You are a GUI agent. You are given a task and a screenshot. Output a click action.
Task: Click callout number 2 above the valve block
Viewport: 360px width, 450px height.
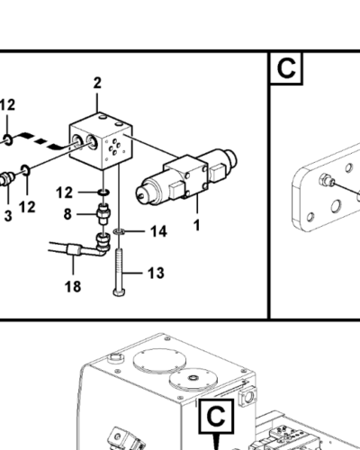pos(97,83)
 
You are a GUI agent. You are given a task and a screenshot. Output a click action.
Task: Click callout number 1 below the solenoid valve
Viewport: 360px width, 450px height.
pos(196,225)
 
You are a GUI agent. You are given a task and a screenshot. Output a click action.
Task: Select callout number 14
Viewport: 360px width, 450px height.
pos(158,231)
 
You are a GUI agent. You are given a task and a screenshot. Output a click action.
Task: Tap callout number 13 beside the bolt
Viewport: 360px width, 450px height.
pos(156,273)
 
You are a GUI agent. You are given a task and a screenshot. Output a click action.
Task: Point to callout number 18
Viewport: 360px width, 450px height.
pos(73,286)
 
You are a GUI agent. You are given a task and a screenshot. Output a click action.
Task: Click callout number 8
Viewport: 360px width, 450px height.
pos(67,214)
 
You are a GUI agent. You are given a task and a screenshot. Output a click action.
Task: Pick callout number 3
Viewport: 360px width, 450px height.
pos(8,216)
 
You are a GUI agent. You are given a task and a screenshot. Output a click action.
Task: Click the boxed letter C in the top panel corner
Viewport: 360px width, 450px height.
pos(286,68)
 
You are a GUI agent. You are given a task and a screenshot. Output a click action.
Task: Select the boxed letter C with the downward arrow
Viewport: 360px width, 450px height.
pos(216,417)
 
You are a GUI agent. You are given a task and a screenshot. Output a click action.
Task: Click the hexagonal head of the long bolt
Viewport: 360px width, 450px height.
pos(120,292)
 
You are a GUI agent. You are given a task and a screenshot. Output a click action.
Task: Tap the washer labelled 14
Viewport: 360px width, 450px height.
pos(119,231)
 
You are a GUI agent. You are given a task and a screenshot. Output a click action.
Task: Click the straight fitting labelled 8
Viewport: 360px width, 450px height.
pos(103,213)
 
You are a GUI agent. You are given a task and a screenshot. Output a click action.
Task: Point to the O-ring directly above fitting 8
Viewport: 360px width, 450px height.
pos(103,193)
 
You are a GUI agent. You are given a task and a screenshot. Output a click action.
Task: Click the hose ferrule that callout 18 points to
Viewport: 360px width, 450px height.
pos(74,249)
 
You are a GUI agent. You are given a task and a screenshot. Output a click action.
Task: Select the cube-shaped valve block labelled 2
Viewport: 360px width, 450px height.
pos(101,140)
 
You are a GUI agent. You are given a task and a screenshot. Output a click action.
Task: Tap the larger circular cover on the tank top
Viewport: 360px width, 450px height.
pos(159,361)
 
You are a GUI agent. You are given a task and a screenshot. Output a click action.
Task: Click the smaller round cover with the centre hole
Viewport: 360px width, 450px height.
pos(193,380)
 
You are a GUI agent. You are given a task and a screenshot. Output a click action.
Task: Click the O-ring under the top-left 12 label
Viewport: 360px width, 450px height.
pos(8,140)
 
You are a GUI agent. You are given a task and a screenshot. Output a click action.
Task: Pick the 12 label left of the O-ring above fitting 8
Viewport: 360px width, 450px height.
pos(64,193)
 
